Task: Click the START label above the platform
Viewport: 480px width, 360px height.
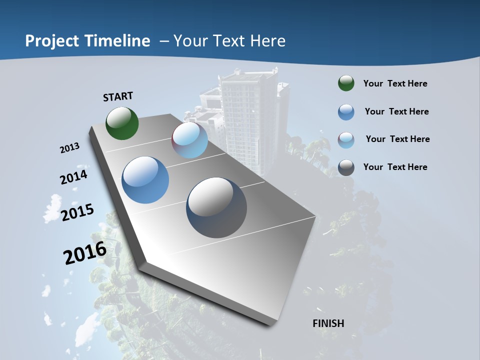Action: point(118,96)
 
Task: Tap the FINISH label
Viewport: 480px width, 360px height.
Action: point(328,323)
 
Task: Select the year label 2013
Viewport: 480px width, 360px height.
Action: point(69,148)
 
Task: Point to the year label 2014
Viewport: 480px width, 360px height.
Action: point(73,177)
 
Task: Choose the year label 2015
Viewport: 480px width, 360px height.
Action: point(77,212)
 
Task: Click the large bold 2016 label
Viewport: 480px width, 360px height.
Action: point(84,253)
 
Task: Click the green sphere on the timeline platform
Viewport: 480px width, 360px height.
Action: point(122,123)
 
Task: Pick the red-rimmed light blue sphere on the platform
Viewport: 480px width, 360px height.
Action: point(189,140)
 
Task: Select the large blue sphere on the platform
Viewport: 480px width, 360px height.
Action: point(145,180)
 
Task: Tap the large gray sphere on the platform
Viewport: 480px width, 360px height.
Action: point(216,207)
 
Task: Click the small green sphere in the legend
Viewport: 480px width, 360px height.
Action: point(346,83)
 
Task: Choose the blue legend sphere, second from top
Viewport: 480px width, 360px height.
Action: point(346,112)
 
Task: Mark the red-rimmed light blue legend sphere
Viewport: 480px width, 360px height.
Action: point(346,140)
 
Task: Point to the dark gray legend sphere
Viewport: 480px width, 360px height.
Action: point(346,167)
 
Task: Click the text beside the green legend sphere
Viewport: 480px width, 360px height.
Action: point(395,84)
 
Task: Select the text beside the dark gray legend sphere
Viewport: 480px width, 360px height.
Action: point(395,167)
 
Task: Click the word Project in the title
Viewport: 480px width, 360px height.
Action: point(51,41)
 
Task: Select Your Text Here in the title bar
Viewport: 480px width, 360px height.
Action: point(229,41)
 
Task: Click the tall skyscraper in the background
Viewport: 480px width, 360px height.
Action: point(248,115)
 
